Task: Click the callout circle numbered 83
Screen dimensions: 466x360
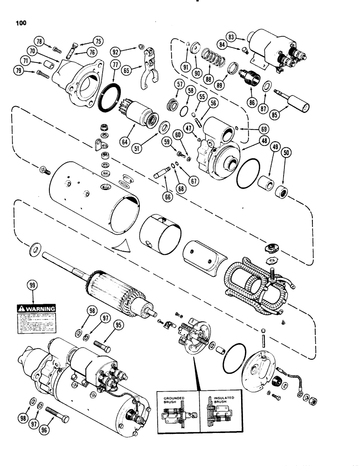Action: (x=231, y=36)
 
